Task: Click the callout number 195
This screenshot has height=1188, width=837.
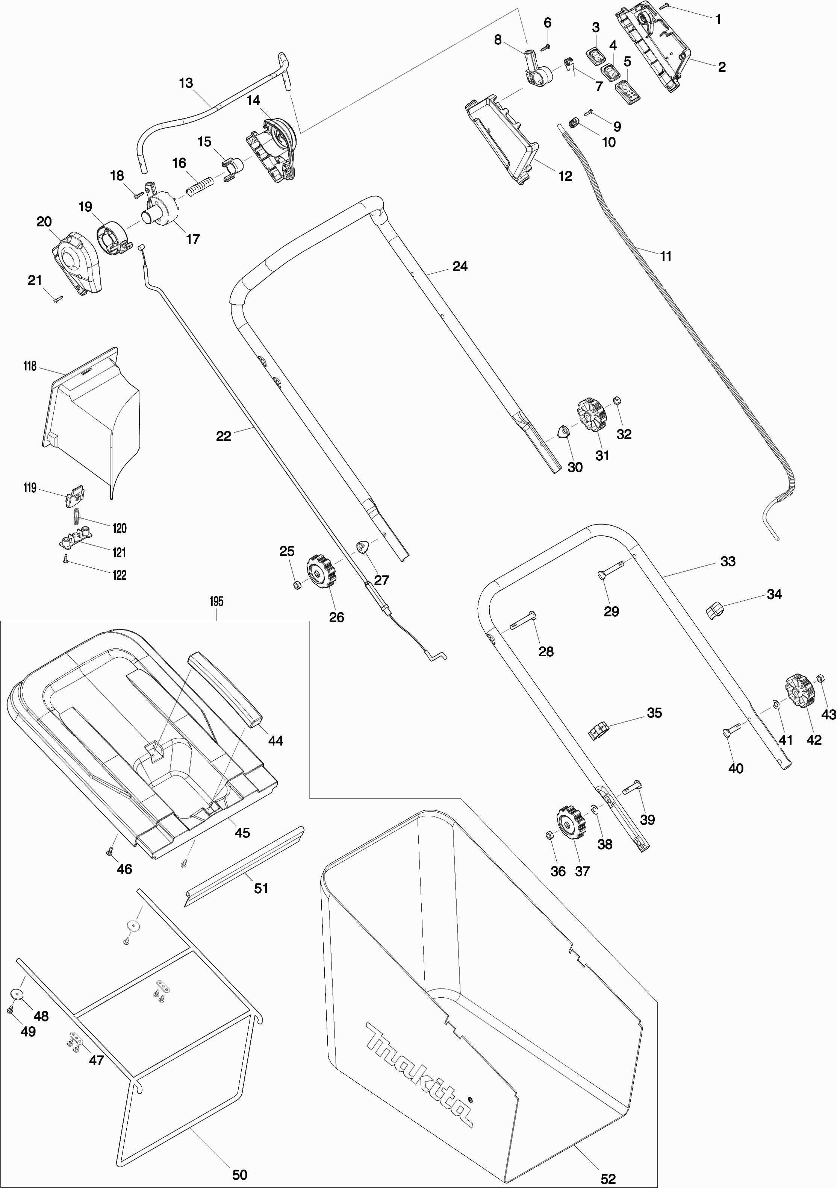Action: [x=216, y=601]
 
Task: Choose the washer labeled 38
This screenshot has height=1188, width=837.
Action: [x=594, y=808]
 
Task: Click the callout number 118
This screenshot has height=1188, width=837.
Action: [x=30, y=366]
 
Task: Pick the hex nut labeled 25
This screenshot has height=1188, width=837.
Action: [x=297, y=585]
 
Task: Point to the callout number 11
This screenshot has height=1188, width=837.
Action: [x=665, y=256]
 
